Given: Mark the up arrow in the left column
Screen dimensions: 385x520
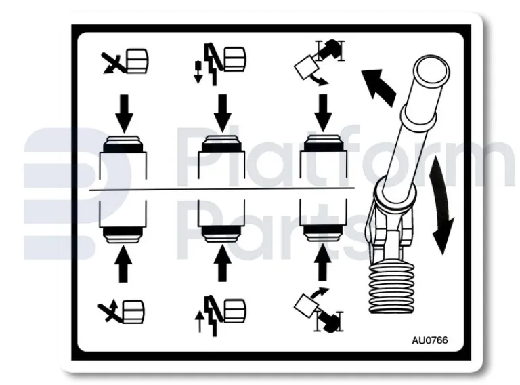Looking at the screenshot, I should [123, 265].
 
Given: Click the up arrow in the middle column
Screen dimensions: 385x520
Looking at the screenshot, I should [220, 265].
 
